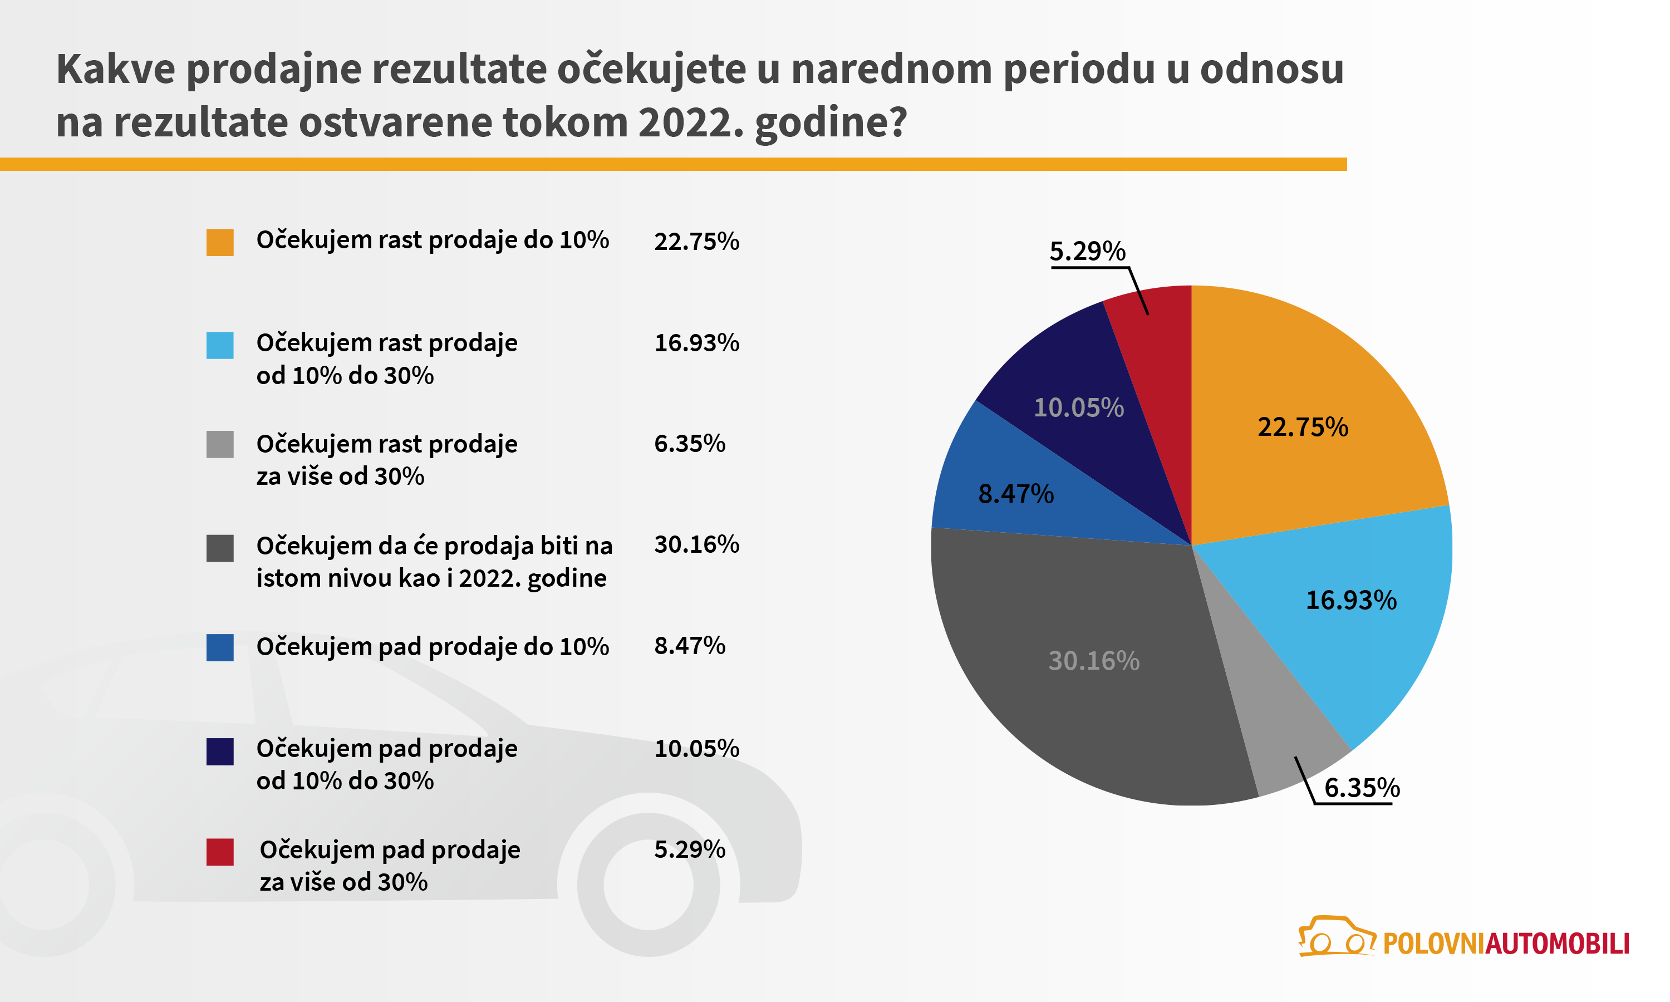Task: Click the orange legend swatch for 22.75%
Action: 219,242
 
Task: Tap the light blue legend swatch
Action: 219,345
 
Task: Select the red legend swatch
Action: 219,852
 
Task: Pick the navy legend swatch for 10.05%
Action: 219,751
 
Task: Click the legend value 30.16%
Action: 696,544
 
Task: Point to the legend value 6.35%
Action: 689,444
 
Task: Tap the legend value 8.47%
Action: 689,646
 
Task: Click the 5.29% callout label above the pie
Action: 1087,251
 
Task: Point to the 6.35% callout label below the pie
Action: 1362,788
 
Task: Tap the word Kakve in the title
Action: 115,69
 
